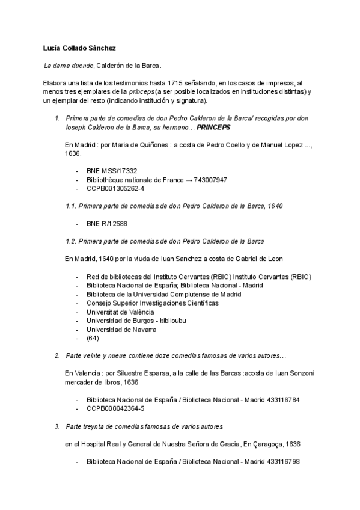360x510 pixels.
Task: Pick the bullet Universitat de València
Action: pyautogui.click(x=120, y=312)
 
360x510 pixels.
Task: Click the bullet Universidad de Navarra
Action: pyautogui.click(x=121, y=330)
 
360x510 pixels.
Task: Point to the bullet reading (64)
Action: pyautogui.click(x=93, y=339)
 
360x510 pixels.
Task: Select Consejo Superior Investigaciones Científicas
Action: pyautogui.click(x=152, y=303)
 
